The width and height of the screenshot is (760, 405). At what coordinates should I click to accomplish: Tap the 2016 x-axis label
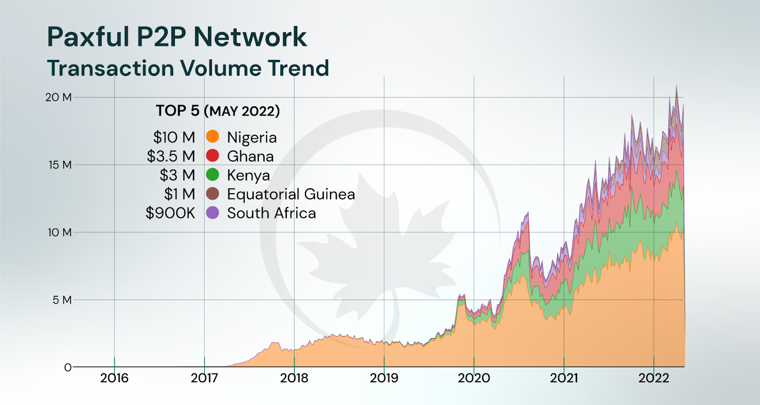point(114,378)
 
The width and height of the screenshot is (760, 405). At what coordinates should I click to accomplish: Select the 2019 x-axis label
point(384,378)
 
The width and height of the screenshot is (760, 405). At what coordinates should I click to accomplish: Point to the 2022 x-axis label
point(654,378)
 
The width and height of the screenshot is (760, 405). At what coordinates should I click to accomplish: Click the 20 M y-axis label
point(58,97)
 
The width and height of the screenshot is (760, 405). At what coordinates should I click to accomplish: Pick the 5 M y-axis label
point(62,300)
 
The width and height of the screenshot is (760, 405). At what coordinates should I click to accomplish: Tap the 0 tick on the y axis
point(67,367)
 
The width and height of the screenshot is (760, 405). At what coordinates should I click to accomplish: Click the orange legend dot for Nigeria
point(212,137)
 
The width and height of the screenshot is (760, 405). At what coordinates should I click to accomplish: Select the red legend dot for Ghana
point(212,156)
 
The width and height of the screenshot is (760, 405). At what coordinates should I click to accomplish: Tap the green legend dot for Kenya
point(212,175)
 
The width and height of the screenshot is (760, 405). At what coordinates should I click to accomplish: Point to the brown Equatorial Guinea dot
point(212,194)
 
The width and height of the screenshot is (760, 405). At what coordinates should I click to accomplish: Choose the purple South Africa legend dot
point(212,213)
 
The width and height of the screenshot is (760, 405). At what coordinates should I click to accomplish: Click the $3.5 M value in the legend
point(171,156)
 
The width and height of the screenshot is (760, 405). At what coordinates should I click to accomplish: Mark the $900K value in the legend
point(170,213)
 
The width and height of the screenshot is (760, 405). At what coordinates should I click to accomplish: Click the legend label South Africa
point(271,213)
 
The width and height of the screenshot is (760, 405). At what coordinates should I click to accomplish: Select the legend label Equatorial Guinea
point(291,194)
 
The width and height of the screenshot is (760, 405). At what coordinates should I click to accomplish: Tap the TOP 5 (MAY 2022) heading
point(218,111)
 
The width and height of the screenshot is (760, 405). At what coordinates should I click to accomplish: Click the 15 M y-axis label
point(60,165)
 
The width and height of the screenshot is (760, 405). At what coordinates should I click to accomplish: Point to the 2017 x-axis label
point(204,378)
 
